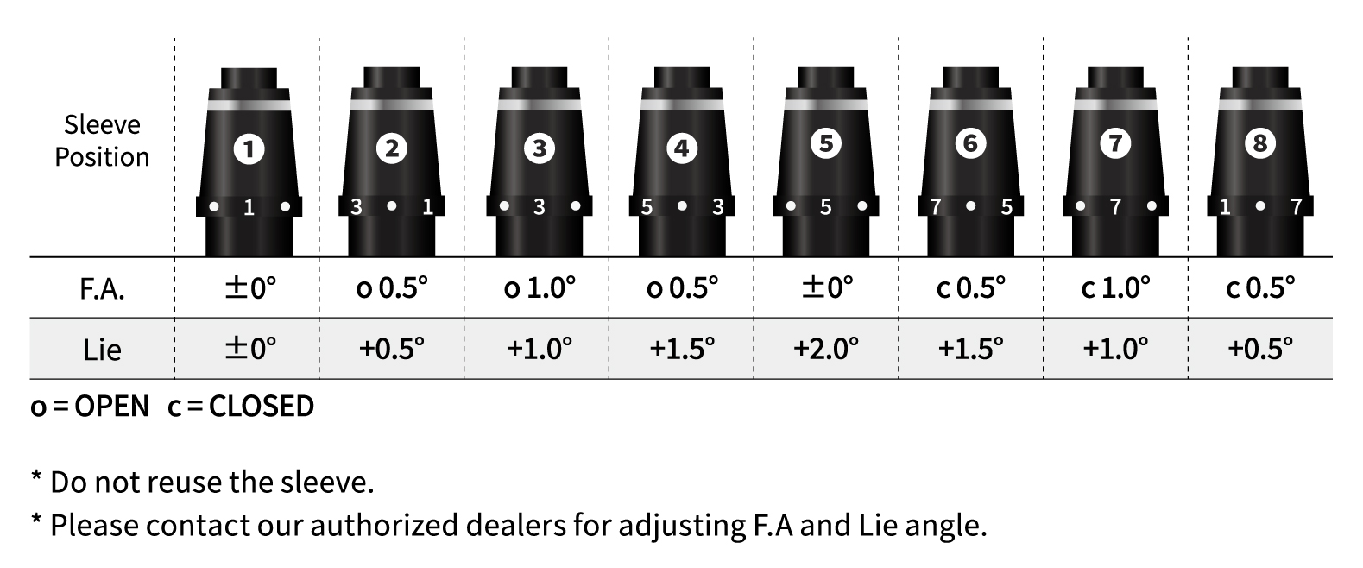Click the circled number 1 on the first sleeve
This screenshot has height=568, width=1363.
click(249, 149)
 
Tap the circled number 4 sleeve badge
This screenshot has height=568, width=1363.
click(682, 148)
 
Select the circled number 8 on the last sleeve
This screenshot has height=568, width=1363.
click(1259, 143)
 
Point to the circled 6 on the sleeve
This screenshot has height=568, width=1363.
click(970, 143)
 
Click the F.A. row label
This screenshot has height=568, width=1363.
click(102, 289)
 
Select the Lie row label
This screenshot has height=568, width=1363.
click(102, 350)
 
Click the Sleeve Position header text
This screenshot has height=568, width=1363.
click(102, 141)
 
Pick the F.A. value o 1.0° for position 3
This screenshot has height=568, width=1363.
click(540, 287)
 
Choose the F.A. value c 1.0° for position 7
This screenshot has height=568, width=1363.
click(1115, 287)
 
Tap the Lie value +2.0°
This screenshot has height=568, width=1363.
click(826, 348)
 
